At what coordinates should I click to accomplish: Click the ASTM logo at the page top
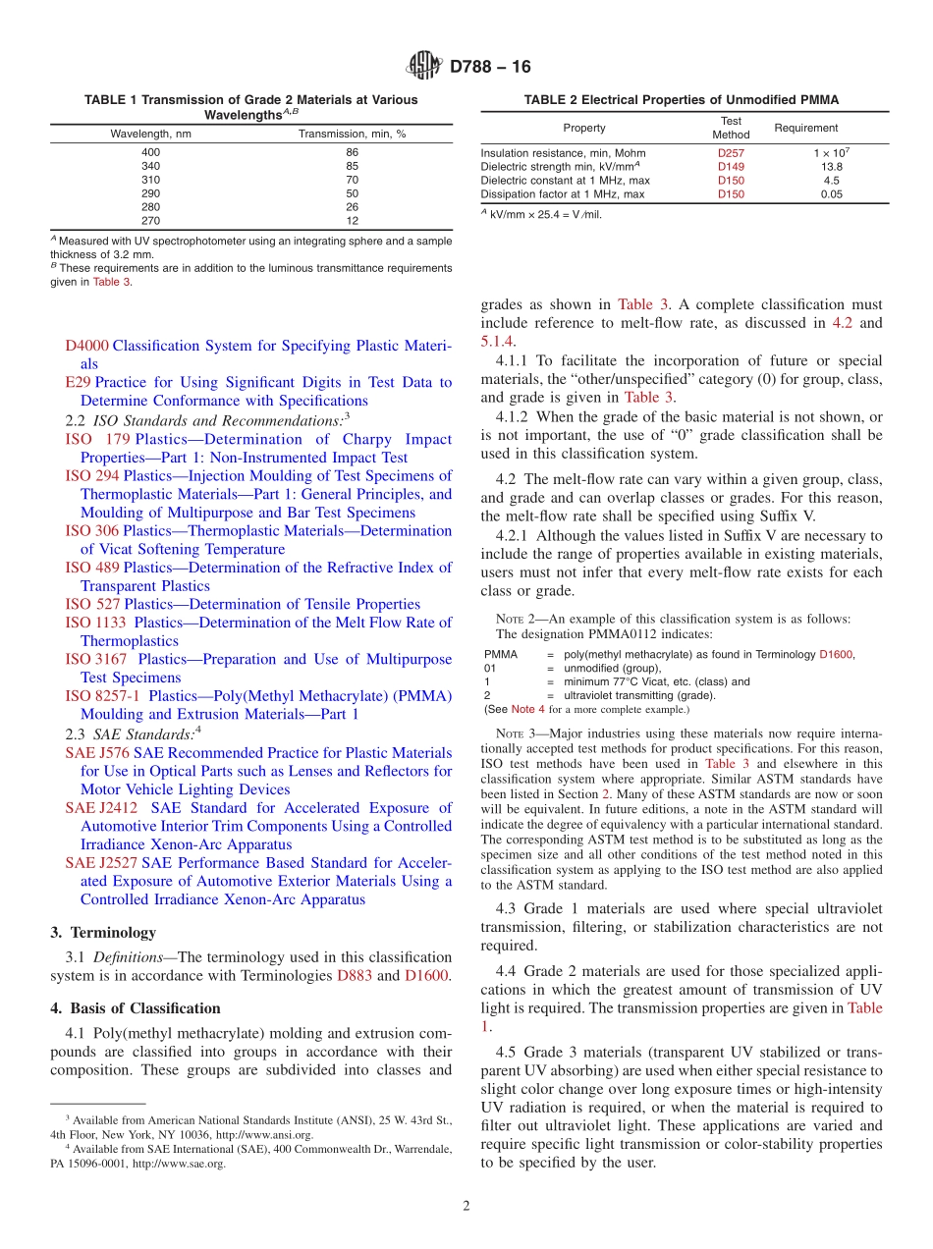(x=424, y=66)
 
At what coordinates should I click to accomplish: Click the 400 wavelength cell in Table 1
(x=150, y=152)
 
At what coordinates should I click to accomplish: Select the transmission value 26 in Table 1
(x=352, y=207)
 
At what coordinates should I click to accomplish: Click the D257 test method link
(x=731, y=153)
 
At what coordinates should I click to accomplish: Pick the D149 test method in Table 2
(x=731, y=167)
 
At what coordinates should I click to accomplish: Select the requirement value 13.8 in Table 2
(x=832, y=167)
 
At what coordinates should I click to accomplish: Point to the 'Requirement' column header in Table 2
(x=806, y=128)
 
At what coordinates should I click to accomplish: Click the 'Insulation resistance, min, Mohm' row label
(x=563, y=153)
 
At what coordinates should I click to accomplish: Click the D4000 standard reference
(x=86, y=346)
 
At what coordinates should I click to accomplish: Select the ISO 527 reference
(x=92, y=604)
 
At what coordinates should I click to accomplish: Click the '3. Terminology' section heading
(x=102, y=932)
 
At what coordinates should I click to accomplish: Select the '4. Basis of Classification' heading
(x=135, y=1008)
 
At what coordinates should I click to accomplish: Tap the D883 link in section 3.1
(x=355, y=975)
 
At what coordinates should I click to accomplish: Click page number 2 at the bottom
(x=466, y=1206)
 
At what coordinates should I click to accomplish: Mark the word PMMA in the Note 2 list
(x=501, y=654)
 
